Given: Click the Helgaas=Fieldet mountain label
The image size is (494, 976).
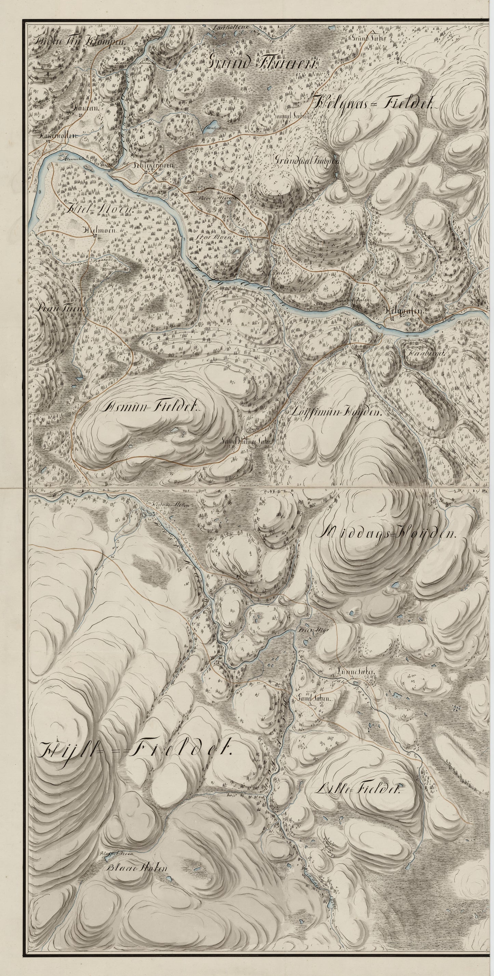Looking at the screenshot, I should tap(373, 102).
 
